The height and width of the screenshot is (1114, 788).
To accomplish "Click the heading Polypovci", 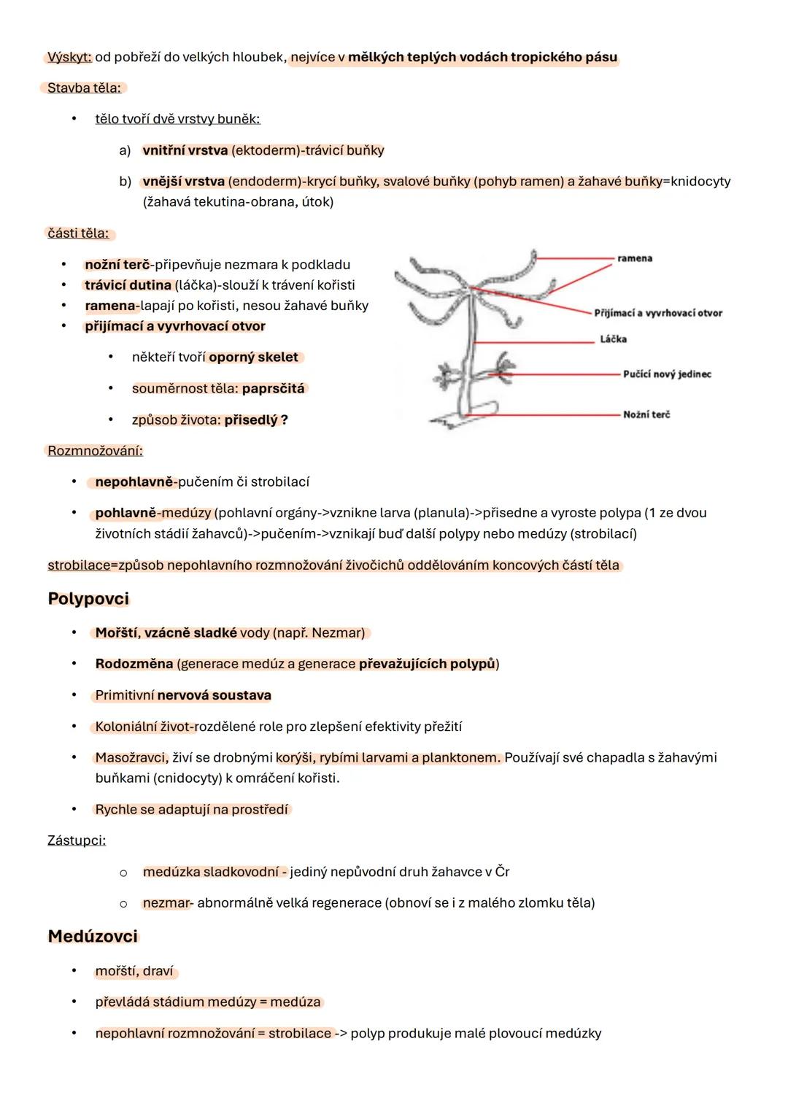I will tap(88, 599).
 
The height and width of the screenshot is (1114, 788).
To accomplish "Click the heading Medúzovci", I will tap(93, 937).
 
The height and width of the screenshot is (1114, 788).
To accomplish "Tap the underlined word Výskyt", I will tap(69, 57).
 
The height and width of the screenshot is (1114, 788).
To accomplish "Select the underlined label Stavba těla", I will tap(83, 88).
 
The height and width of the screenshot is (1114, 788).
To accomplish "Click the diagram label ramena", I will tap(634, 258).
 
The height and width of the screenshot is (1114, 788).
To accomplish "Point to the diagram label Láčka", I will tap(613, 339).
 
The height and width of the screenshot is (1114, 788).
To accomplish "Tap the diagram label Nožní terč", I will tap(646, 414).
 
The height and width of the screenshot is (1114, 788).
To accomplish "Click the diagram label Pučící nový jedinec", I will tap(666, 374).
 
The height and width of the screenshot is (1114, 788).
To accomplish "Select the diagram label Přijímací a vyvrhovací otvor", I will tap(657, 313).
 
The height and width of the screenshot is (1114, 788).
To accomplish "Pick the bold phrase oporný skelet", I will tap(253, 357).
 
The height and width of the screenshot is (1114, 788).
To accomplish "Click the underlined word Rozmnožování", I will tap(95, 451).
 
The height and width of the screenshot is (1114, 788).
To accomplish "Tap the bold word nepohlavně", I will tap(136, 482).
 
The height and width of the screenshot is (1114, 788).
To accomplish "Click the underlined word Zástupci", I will tap(76, 840).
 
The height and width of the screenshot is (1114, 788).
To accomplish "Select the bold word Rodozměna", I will tap(134, 664).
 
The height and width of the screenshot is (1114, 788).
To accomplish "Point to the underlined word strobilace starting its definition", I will tap(78, 565).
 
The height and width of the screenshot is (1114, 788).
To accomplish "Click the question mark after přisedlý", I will tap(284, 420).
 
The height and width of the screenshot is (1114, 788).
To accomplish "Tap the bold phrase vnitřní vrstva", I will tap(185, 150).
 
